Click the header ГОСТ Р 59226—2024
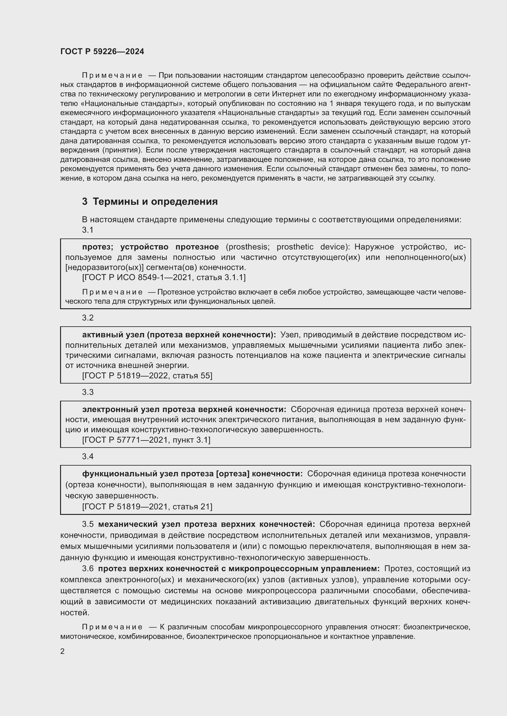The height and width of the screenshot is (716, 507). pyautogui.click(x=102, y=51)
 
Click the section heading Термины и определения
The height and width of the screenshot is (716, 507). pyautogui.click(x=155, y=201)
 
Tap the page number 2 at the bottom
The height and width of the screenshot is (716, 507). pyautogui.click(x=63, y=651)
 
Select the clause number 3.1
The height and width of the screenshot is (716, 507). pyautogui.click(x=88, y=230)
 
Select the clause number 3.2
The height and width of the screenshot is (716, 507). pyautogui.click(x=88, y=318)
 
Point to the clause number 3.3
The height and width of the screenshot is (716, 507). pyautogui.click(x=88, y=392)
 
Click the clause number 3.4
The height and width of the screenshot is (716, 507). pyautogui.click(x=88, y=456)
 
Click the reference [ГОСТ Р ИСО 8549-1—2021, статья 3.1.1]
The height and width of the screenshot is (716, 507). pyautogui.click(x=164, y=277)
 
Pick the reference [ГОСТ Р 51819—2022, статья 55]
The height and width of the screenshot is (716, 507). pyautogui.click(x=147, y=376)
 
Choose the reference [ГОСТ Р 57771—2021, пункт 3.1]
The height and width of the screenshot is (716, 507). pyautogui.click(x=146, y=440)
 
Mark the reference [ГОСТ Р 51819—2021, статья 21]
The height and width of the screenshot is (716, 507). pyautogui.click(x=147, y=506)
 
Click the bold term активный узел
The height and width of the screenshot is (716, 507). pyautogui.click(x=113, y=335)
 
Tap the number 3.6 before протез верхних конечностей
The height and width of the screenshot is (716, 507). pyautogui.click(x=88, y=568)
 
